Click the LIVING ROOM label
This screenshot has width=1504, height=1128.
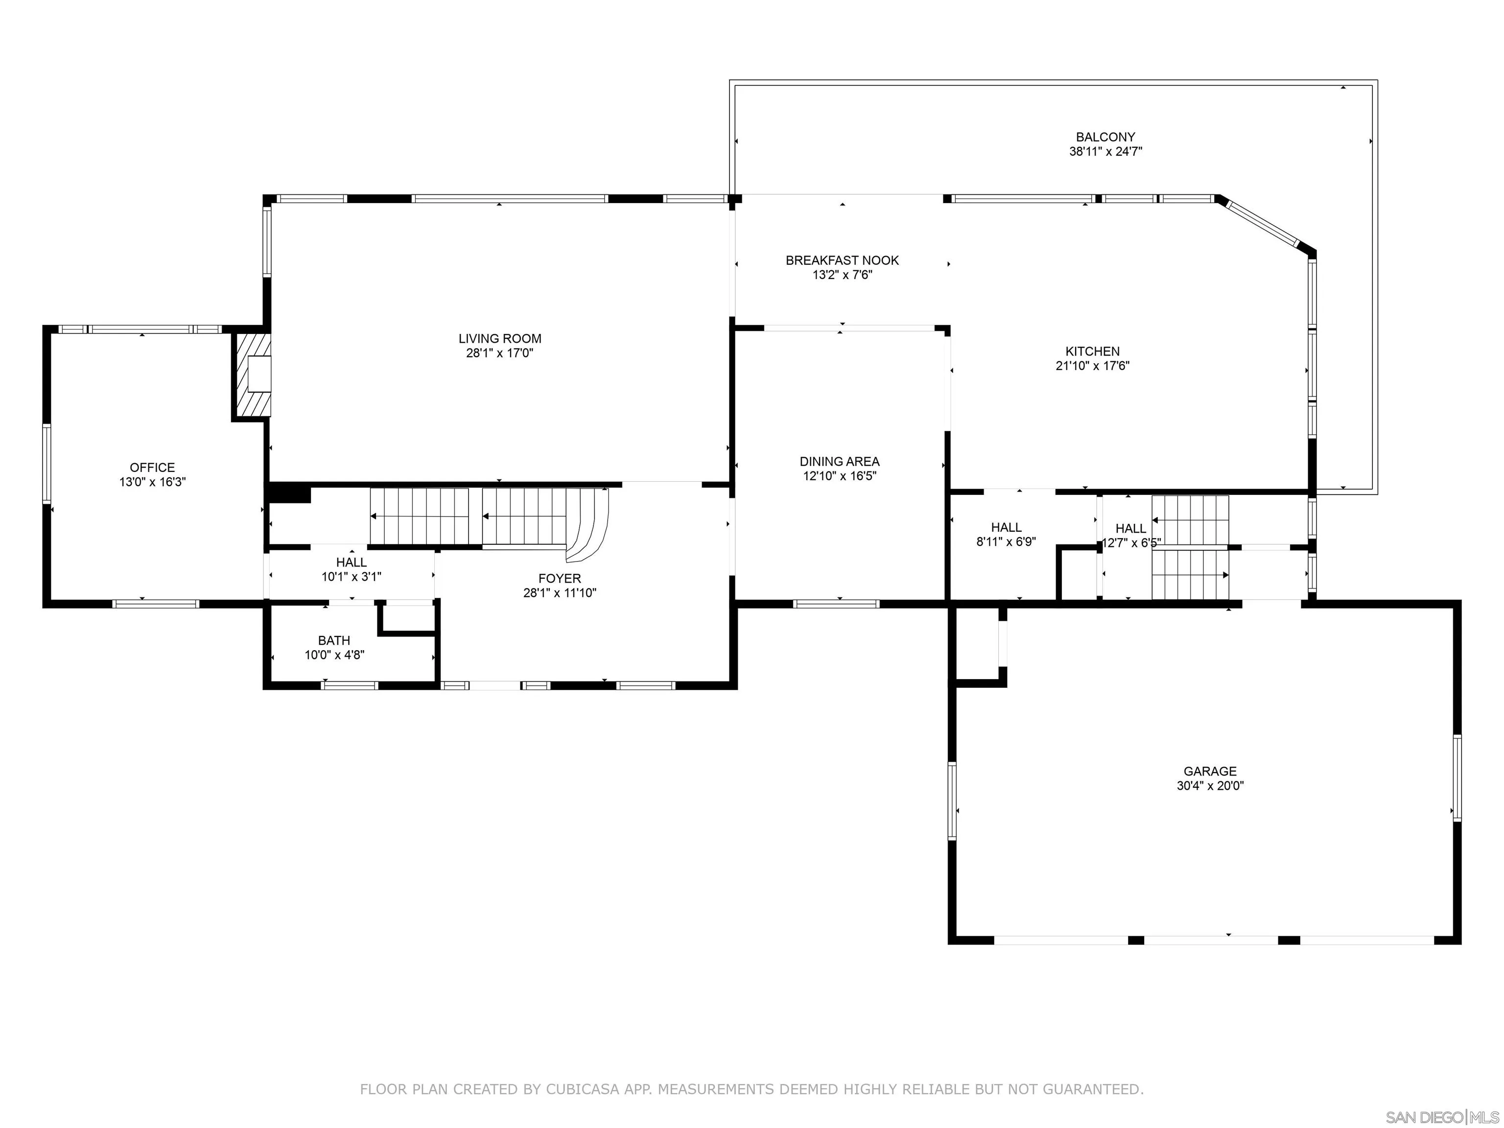(500, 339)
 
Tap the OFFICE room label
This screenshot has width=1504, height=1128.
(152, 467)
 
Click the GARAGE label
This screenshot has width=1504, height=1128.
(1210, 771)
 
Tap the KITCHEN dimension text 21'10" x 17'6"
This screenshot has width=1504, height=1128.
(1093, 366)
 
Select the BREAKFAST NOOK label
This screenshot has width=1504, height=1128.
(843, 260)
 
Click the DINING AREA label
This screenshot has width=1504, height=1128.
(840, 462)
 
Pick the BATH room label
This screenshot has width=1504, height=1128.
(334, 640)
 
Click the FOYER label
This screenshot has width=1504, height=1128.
(560, 579)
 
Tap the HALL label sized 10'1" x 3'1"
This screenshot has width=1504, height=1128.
(352, 563)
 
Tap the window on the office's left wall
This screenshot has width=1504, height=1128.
(47, 464)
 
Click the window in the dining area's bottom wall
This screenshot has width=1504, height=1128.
(836, 604)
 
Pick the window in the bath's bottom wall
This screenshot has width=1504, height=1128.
(350, 685)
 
